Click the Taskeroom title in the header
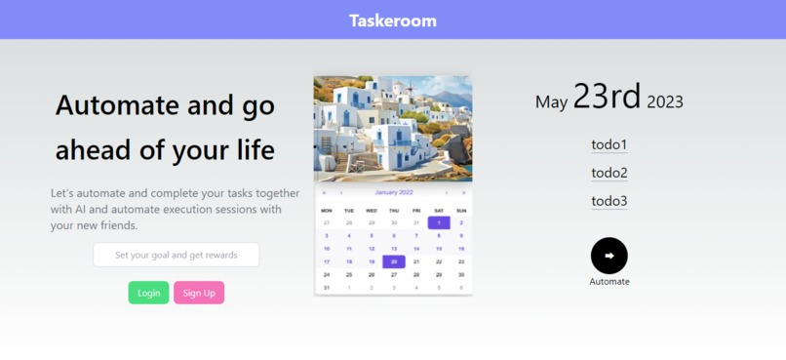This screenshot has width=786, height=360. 393,20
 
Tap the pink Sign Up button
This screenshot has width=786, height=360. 199,293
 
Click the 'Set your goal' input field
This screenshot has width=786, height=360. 177,256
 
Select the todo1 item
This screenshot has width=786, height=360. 609,145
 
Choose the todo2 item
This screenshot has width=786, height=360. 609,174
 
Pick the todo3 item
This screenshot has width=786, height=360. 609,202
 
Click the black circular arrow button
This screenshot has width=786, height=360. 609,256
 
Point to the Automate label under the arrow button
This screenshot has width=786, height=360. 609,282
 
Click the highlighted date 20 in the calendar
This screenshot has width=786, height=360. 394,261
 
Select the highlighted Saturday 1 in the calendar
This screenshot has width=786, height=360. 439,222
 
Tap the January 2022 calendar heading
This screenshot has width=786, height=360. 394,192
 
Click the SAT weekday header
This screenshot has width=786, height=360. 439,210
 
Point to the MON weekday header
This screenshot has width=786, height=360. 327,210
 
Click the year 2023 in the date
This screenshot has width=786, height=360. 665,101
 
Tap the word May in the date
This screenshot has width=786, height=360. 551,102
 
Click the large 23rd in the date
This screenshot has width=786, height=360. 607,97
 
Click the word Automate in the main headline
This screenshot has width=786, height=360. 116,104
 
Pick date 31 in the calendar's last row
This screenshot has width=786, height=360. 327,288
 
